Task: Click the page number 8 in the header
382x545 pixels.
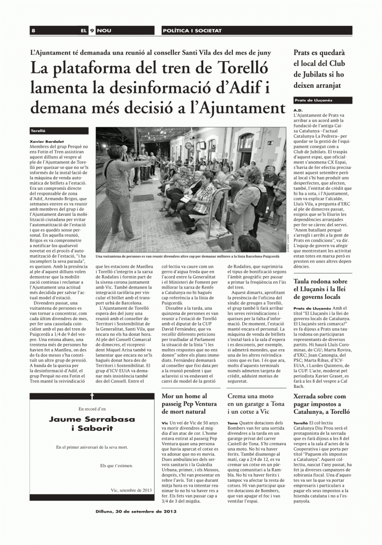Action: click(34, 30)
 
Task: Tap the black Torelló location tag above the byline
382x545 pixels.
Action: click(38, 130)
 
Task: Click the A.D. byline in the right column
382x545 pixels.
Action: click(298, 110)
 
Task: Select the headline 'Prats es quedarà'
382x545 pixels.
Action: click(319, 53)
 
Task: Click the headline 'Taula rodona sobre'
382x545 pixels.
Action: click(320, 282)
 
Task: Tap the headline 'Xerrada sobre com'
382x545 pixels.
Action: click(320, 396)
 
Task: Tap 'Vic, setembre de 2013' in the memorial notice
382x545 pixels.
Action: click(131, 490)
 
